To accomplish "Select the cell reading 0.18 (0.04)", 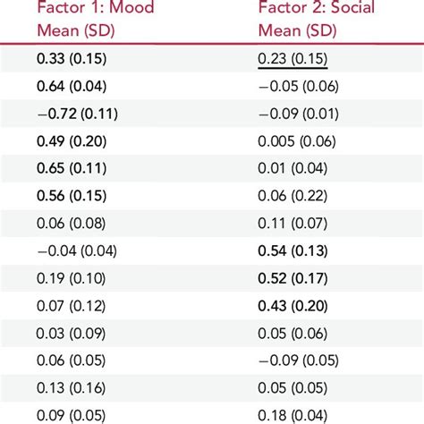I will [291, 414].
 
